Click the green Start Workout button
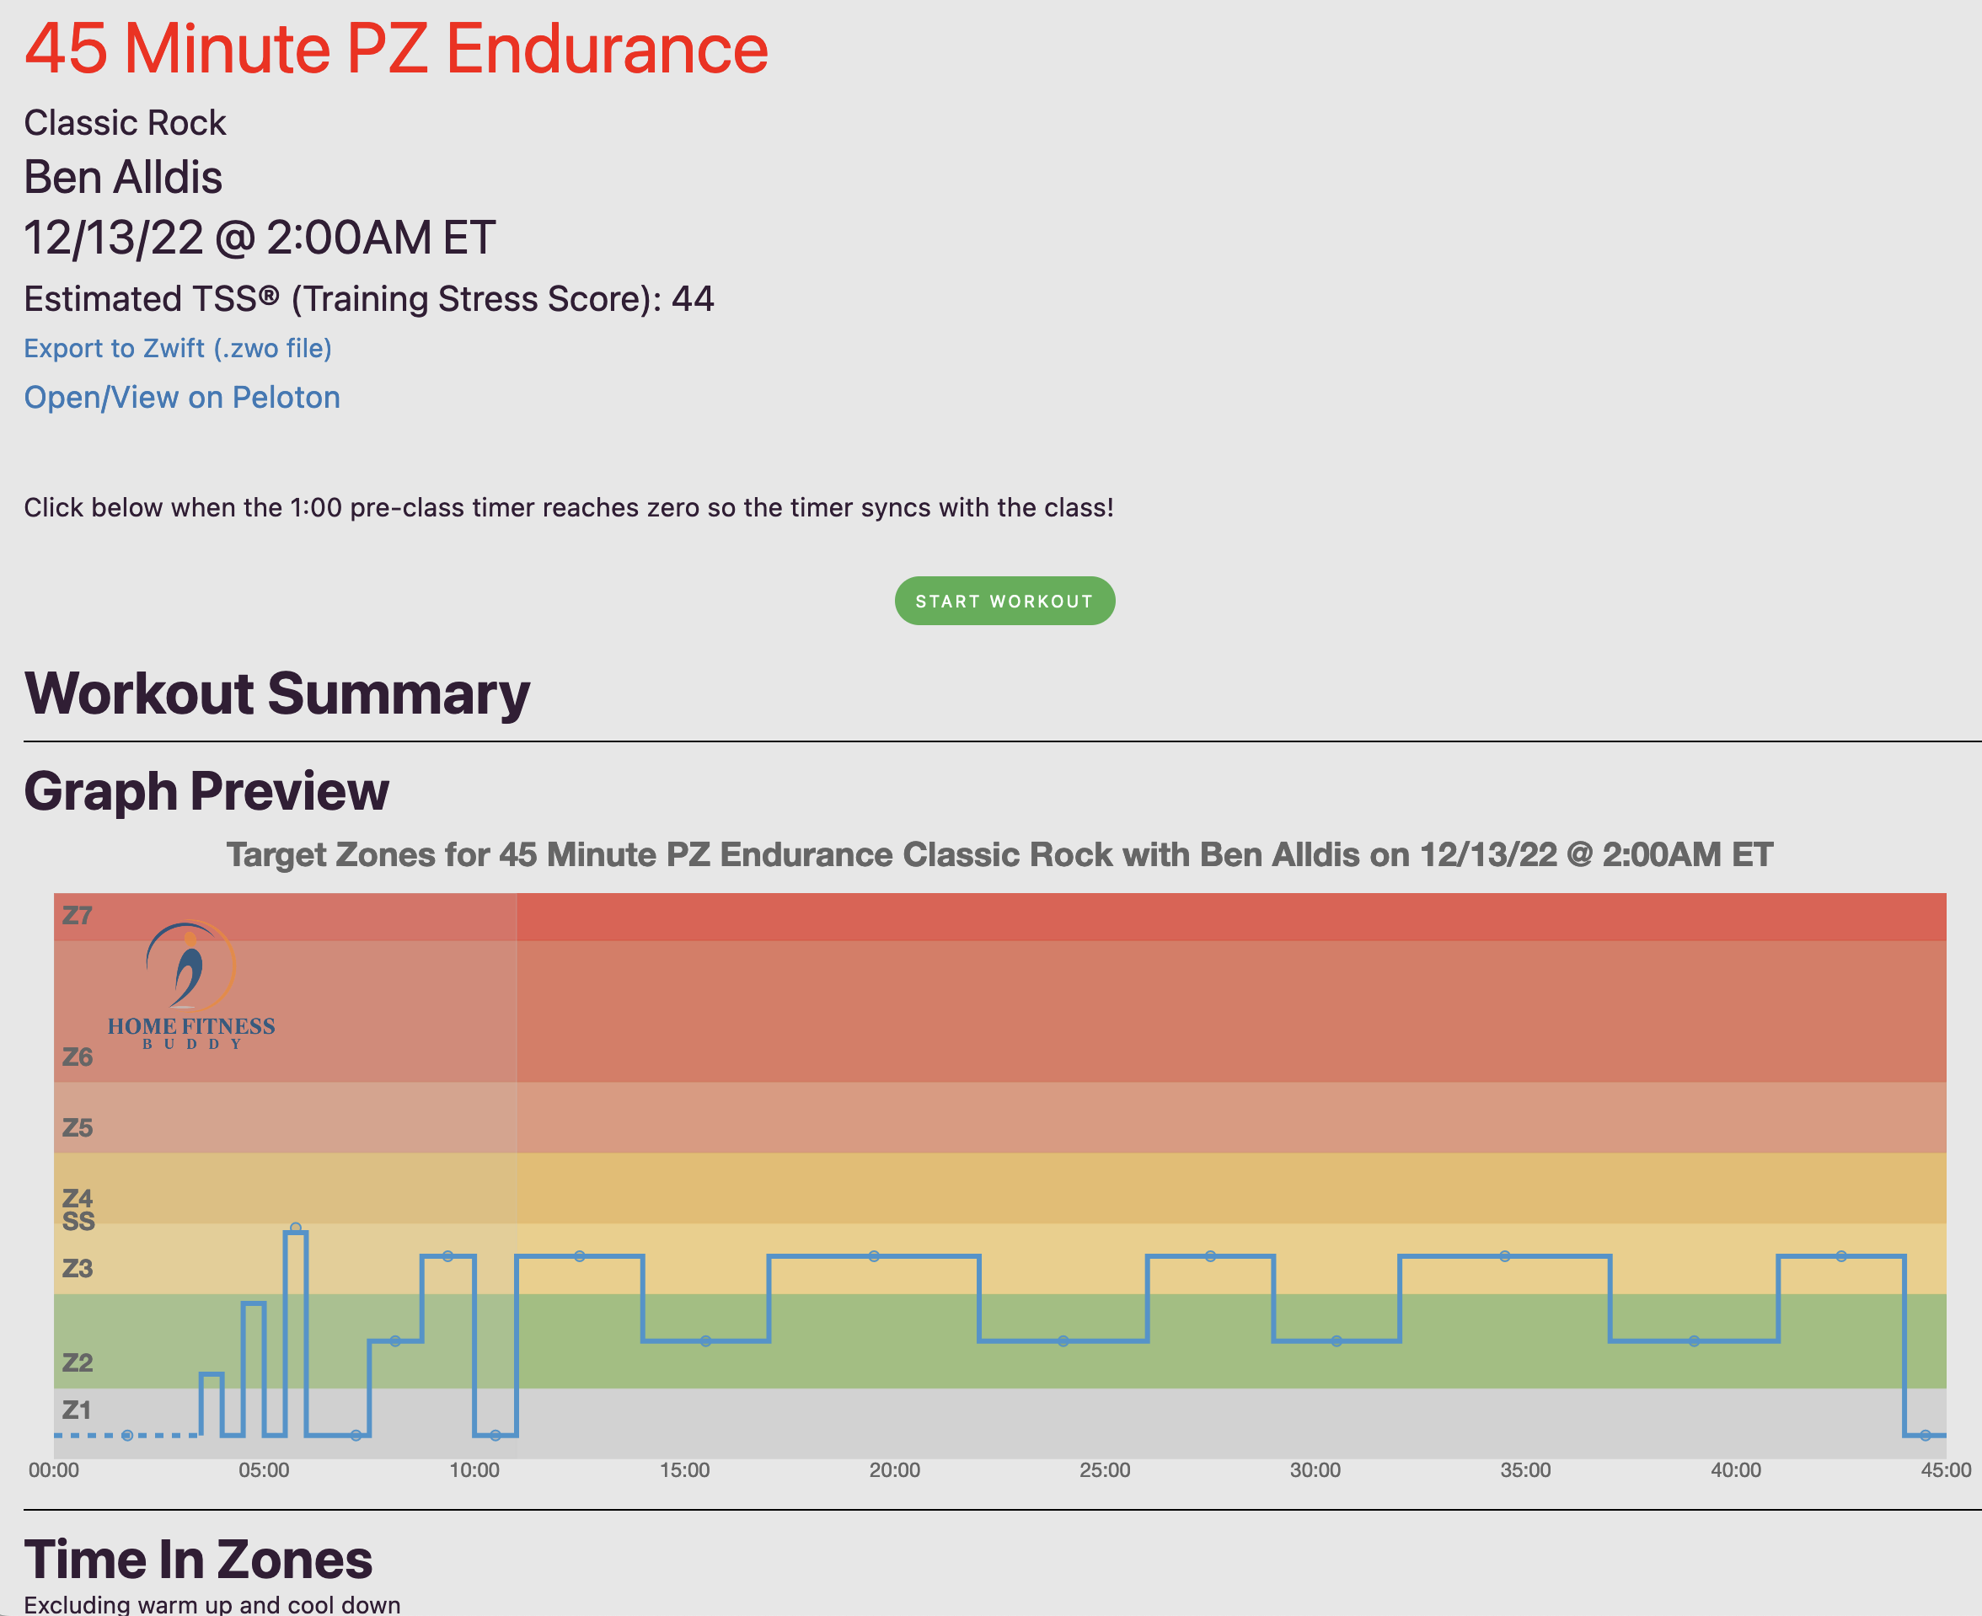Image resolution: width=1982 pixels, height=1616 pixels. pyautogui.click(x=1004, y=602)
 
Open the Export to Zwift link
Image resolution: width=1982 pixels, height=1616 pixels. pyautogui.click(x=178, y=348)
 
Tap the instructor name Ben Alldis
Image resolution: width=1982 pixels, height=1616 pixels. pyautogui.click(x=123, y=177)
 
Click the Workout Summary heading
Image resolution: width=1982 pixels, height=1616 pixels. pyautogui.click(x=276, y=694)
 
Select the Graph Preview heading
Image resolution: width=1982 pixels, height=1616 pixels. pyautogui.click(x=206, y=791)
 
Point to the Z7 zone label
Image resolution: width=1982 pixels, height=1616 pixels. pyautogui.click(x=78, y=916)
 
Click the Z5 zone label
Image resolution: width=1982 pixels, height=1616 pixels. pyautogui.click(x=78, y=1128)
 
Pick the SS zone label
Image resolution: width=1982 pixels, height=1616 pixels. pyautogui.click(x=78, y=1222)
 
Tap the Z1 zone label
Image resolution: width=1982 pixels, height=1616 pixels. pyautogui.click(x=78, y=1410)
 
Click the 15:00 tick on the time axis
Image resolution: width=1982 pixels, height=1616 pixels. pyautogui.click(x=684, y=1471)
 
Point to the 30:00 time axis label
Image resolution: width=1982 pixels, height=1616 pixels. pyautogui.click(x=1315, y=1471)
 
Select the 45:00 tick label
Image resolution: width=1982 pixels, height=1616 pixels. pyautogui.click(x=1945, y=1471)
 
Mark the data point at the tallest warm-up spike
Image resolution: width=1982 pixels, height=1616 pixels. pyautogui.click(x=295, y=1228)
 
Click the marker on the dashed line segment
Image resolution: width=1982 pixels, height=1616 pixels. pyautogui.click(x=126, y=1436)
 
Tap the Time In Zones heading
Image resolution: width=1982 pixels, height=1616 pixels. pyautogui.click(x=198, y=1560)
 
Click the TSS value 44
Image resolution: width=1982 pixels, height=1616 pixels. pyautogui.click(x=693, y=299)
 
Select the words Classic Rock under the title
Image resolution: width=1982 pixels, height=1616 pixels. pyautogui.click(x=125, y=123)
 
